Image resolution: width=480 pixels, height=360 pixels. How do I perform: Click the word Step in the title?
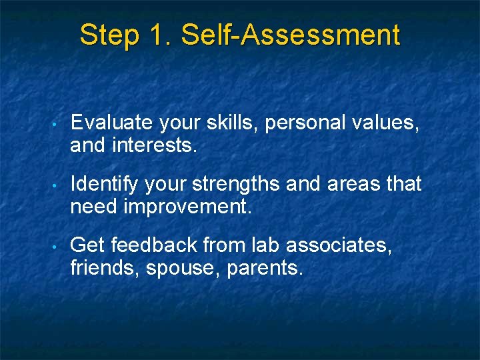(108, 35)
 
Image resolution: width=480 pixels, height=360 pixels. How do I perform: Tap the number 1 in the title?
(155, 35)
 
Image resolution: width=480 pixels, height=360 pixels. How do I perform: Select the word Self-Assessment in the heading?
(290, 35)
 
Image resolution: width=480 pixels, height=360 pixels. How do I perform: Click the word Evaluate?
(111, 123)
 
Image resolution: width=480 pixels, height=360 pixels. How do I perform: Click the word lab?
(267, 245)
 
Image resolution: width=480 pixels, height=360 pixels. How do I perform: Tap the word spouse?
(193, 269)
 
